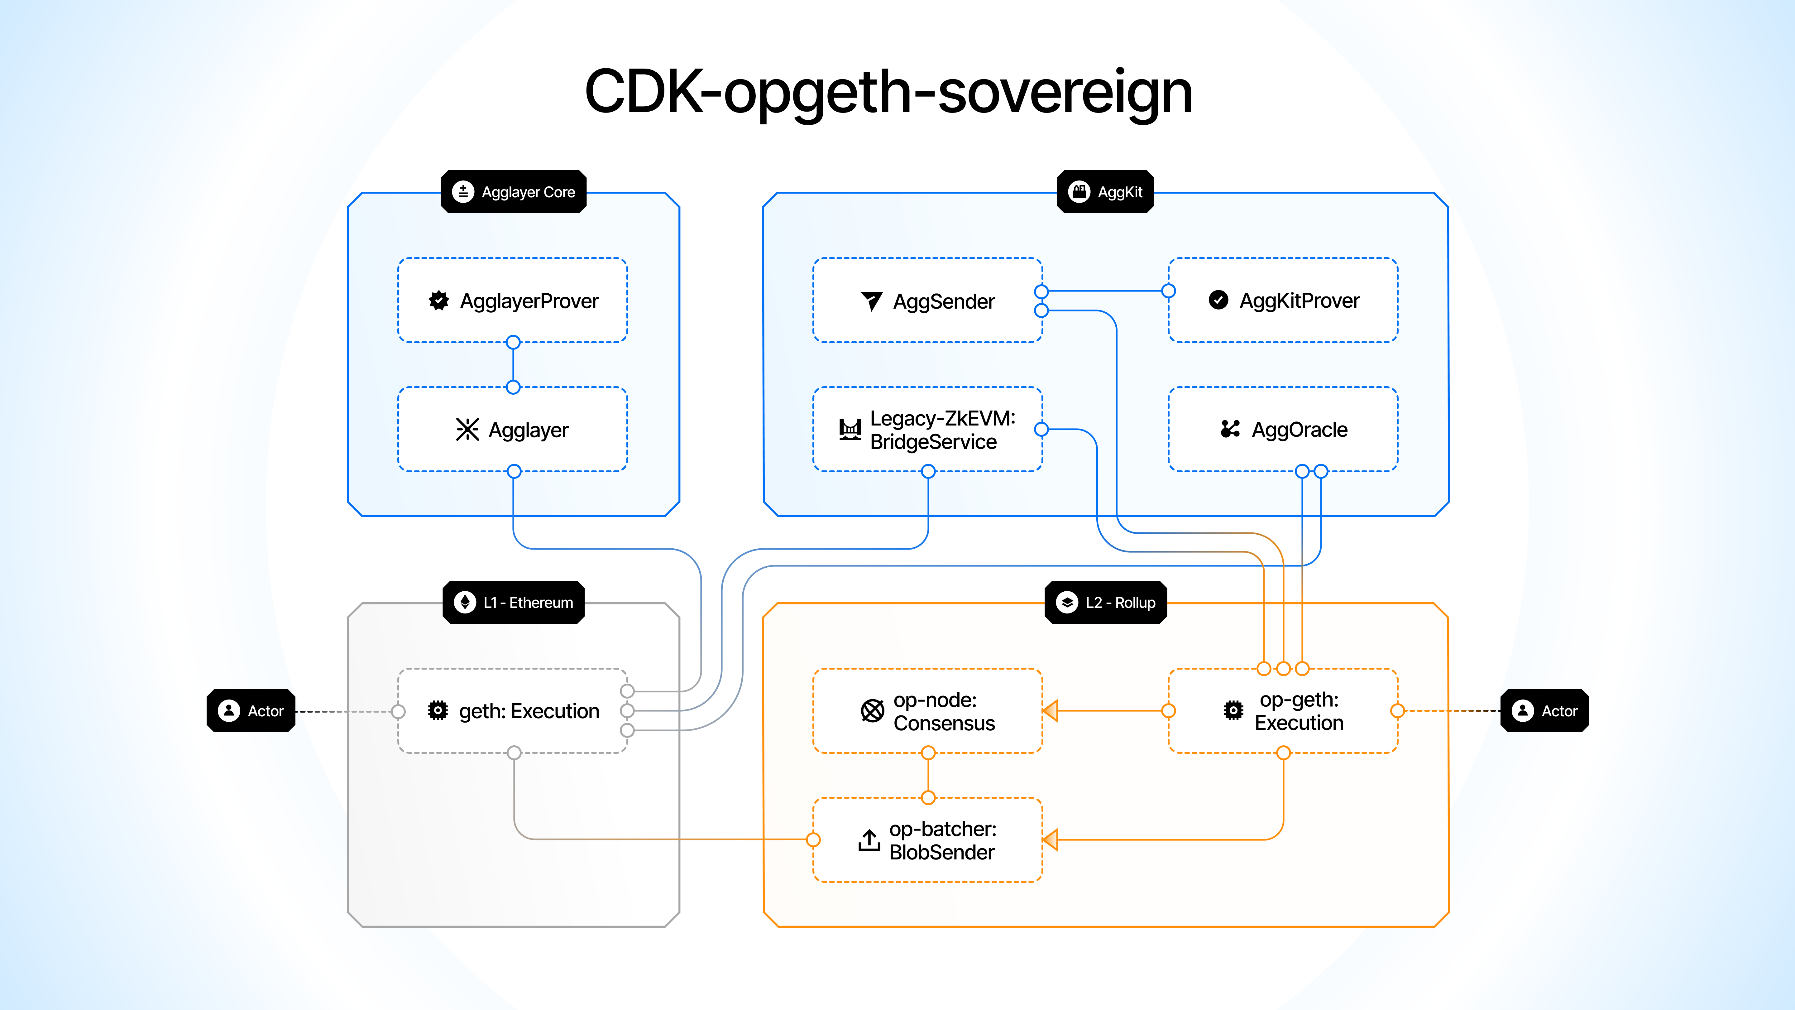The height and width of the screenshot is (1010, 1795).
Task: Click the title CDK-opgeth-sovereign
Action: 888,92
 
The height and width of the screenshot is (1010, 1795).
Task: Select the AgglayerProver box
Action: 513,301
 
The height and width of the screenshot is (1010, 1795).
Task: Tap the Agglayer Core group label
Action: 514,192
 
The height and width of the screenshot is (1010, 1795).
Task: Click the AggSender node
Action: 927,301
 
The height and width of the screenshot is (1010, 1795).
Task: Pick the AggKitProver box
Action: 1283,301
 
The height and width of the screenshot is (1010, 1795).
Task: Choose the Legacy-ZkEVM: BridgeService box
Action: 927,429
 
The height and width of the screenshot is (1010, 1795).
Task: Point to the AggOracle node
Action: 1283,429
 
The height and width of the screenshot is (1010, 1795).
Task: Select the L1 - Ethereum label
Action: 514,602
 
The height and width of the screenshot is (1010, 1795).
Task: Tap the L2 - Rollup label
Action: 1106,602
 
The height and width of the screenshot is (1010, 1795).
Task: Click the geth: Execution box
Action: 513,711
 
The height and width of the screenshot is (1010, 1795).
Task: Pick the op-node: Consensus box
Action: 927,711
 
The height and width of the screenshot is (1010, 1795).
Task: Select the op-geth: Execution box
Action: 1283,711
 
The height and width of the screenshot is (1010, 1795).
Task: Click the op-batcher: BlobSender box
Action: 927,840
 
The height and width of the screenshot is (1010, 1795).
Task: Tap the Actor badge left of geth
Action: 251,711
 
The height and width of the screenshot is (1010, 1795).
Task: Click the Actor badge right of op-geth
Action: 1545,711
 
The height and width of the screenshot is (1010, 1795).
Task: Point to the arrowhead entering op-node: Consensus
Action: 1051,711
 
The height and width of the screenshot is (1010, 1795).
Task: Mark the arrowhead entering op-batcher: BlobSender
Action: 1051,840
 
